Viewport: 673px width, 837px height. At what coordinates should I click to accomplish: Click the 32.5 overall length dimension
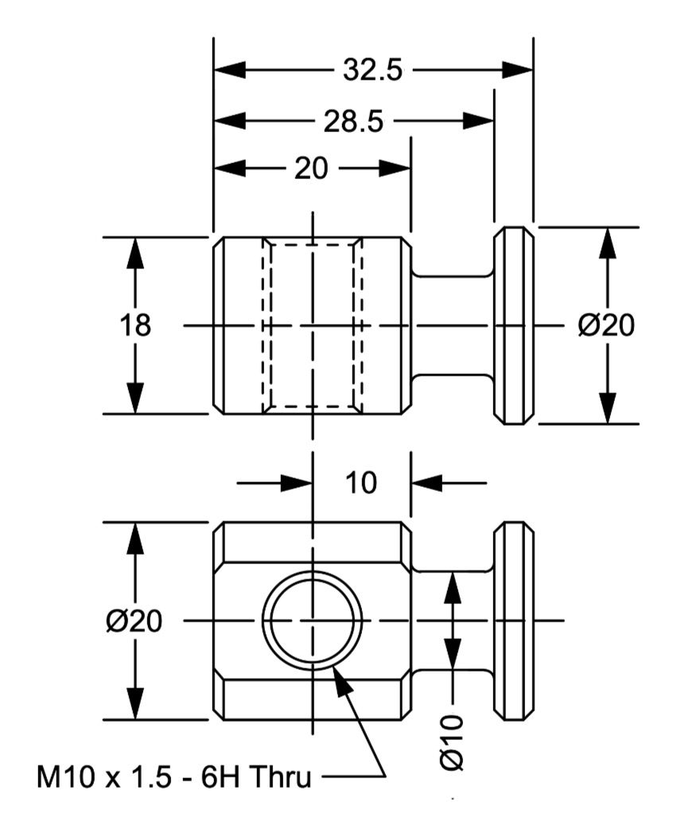372,70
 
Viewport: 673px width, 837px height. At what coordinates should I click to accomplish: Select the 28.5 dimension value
353,122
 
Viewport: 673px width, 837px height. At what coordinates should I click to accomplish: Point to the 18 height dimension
135,325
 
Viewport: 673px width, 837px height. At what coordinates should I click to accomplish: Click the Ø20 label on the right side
606,325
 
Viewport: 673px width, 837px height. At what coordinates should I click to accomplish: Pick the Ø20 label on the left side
134,621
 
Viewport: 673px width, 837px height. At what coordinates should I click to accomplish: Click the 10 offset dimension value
361,483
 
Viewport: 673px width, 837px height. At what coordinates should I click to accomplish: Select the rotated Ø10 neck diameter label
453,743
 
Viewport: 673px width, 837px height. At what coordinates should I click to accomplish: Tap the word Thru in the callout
280,777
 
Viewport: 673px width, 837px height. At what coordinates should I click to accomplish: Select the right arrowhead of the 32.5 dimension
518,70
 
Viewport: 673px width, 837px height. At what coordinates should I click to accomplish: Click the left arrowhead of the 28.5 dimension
230,122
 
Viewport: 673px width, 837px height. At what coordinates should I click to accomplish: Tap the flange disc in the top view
513,325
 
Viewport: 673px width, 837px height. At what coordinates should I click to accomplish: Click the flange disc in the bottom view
513,621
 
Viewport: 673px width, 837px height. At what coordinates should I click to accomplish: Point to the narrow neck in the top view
453,325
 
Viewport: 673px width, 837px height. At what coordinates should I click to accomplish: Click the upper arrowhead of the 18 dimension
135,254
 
